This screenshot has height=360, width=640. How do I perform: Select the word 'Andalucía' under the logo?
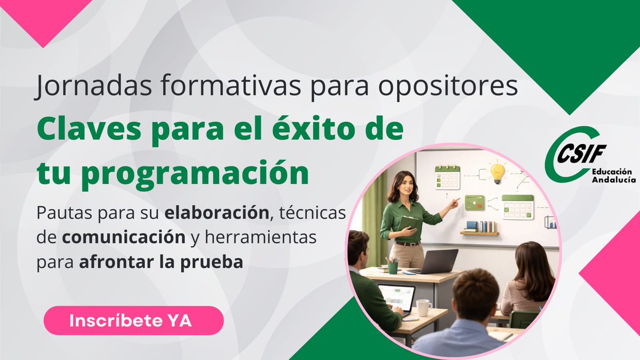click(613, 180)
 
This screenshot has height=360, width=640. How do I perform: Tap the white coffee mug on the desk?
click(423, 307)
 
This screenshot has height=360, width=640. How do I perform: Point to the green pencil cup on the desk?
click(393, 266)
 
